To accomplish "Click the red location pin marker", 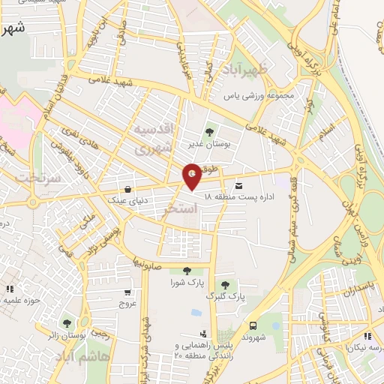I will click(x=193, y=177).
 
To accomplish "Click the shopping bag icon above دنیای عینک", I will click(x=129, y=188).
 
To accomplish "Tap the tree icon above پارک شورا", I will click(x=186, y=271).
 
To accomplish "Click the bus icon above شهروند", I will click(x=253, y=325).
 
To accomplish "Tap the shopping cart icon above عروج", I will click(x=129, y=292).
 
